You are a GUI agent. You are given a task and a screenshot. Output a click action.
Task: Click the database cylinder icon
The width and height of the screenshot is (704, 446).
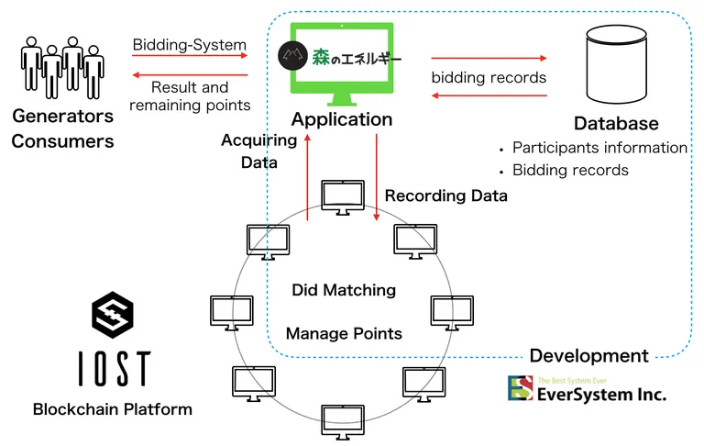click(616, 64)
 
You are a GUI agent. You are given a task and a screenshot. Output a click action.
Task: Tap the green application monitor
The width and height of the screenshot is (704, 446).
click(342, 64)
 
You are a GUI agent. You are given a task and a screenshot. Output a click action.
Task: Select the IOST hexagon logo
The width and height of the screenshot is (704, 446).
click(113, 315)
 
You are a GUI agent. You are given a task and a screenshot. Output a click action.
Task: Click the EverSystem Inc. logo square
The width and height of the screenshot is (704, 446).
click(521, 388)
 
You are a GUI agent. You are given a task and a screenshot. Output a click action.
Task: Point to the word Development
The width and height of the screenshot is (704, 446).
click(589, 356)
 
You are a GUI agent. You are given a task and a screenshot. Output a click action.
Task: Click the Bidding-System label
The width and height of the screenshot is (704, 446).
click(190, 45)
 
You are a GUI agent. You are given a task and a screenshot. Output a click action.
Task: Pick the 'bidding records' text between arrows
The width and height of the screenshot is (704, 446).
click(489, 77)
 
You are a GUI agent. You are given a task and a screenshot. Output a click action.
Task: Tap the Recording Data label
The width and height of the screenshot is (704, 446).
click(446, 195)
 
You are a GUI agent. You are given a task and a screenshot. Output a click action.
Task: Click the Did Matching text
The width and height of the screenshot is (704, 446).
click(344, 290)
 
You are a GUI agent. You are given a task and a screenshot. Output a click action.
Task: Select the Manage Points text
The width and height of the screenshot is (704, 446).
click(344, 334)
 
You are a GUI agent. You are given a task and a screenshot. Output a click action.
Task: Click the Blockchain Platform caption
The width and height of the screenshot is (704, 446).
click(113, 409)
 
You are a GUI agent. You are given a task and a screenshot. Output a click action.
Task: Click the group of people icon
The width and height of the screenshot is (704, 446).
click(62, 67)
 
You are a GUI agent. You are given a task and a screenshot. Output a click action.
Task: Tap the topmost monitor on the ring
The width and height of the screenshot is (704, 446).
click(343, 198)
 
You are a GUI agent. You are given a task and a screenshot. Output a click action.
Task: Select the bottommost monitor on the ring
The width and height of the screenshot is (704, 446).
click(343, 422)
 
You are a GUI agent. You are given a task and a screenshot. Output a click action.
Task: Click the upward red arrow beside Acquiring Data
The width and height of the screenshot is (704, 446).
click(308, 178)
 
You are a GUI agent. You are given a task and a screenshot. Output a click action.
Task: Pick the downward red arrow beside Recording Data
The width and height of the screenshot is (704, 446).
click(376, 178)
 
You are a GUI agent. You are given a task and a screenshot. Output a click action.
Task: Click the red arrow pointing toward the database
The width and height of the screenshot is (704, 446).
click(489, 58)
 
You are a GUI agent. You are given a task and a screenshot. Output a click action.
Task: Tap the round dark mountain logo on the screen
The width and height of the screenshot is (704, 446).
click(292, 56)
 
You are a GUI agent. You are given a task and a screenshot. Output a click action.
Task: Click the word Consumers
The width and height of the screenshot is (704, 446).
click(62, 141)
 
